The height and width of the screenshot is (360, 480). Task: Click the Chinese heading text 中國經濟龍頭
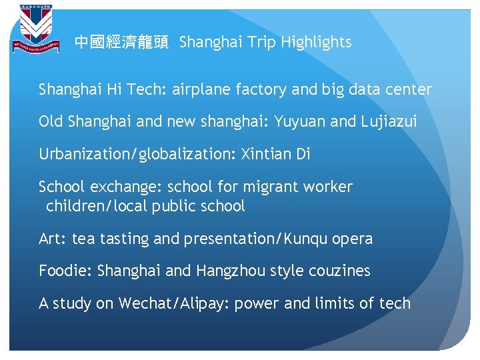(x=121, y=43)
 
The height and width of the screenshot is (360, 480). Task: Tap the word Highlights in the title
(x=316, y=43)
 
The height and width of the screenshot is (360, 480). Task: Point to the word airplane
(x=200, y=89)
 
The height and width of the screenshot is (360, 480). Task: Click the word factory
(x=258, y=89)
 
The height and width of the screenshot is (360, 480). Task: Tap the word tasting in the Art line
(x=125, y=239)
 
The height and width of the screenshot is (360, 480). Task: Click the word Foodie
(x=65, y=271)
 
